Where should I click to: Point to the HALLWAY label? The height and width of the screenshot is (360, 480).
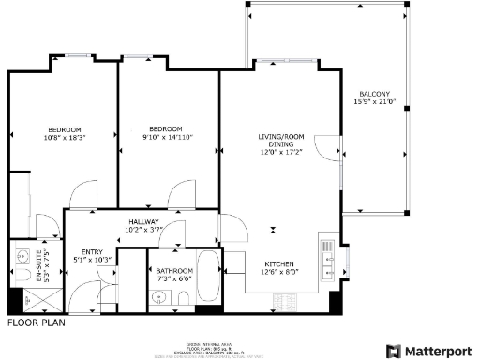pyautogui.click(x=145, y=221)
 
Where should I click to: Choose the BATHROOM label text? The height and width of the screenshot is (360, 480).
pyautogui.click(x=174, y=270)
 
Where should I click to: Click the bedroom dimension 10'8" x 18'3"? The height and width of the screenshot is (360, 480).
pyautogui.click(x=65, y=137)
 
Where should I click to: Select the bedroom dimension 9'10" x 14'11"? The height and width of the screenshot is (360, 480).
pyautogui.click(x=165, y=137)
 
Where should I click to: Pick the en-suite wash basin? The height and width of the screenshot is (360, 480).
pyautogui.click(x=21, y=253)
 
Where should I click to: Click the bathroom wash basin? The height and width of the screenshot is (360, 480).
pyautogui.click(x=158, y=298)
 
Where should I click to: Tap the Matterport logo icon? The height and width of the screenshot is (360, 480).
pyautogui.click(x=393, y=351)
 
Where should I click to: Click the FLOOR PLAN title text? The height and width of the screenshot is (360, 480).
pyautogui.click(x=36, y=322)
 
